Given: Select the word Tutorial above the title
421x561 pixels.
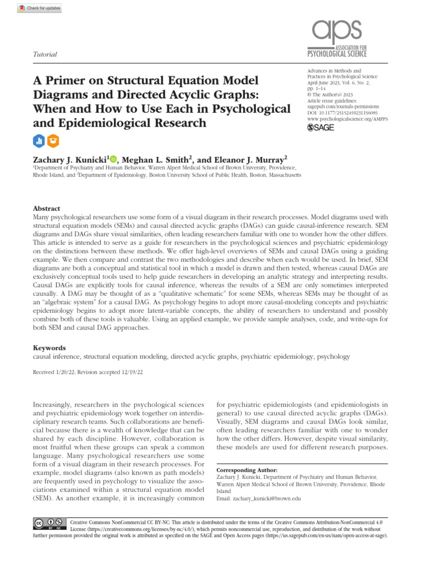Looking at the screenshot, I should (x=45, y=55).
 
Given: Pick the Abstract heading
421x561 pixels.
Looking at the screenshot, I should (x=47, y=209).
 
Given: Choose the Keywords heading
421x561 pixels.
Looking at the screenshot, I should (x=49, y=347).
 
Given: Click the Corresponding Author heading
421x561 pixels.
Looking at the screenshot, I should (x=247, y=470).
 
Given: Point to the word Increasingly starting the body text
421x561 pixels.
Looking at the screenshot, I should (x=57, y=404).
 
